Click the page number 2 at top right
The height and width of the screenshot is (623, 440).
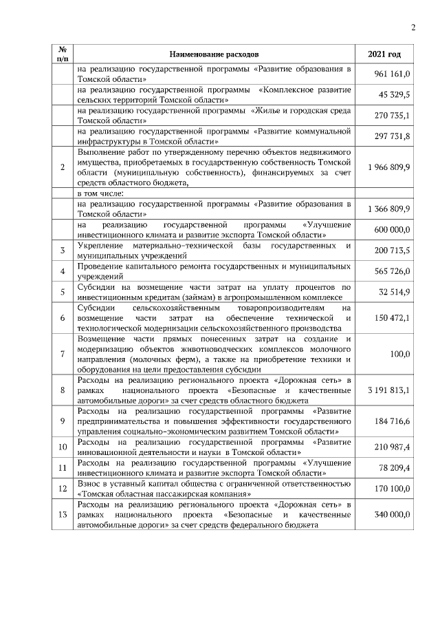click(x=413, y=28)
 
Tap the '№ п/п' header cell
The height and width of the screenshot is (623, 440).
click(x=63, y=54)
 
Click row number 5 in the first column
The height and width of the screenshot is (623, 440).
click(x=63, y=292)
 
